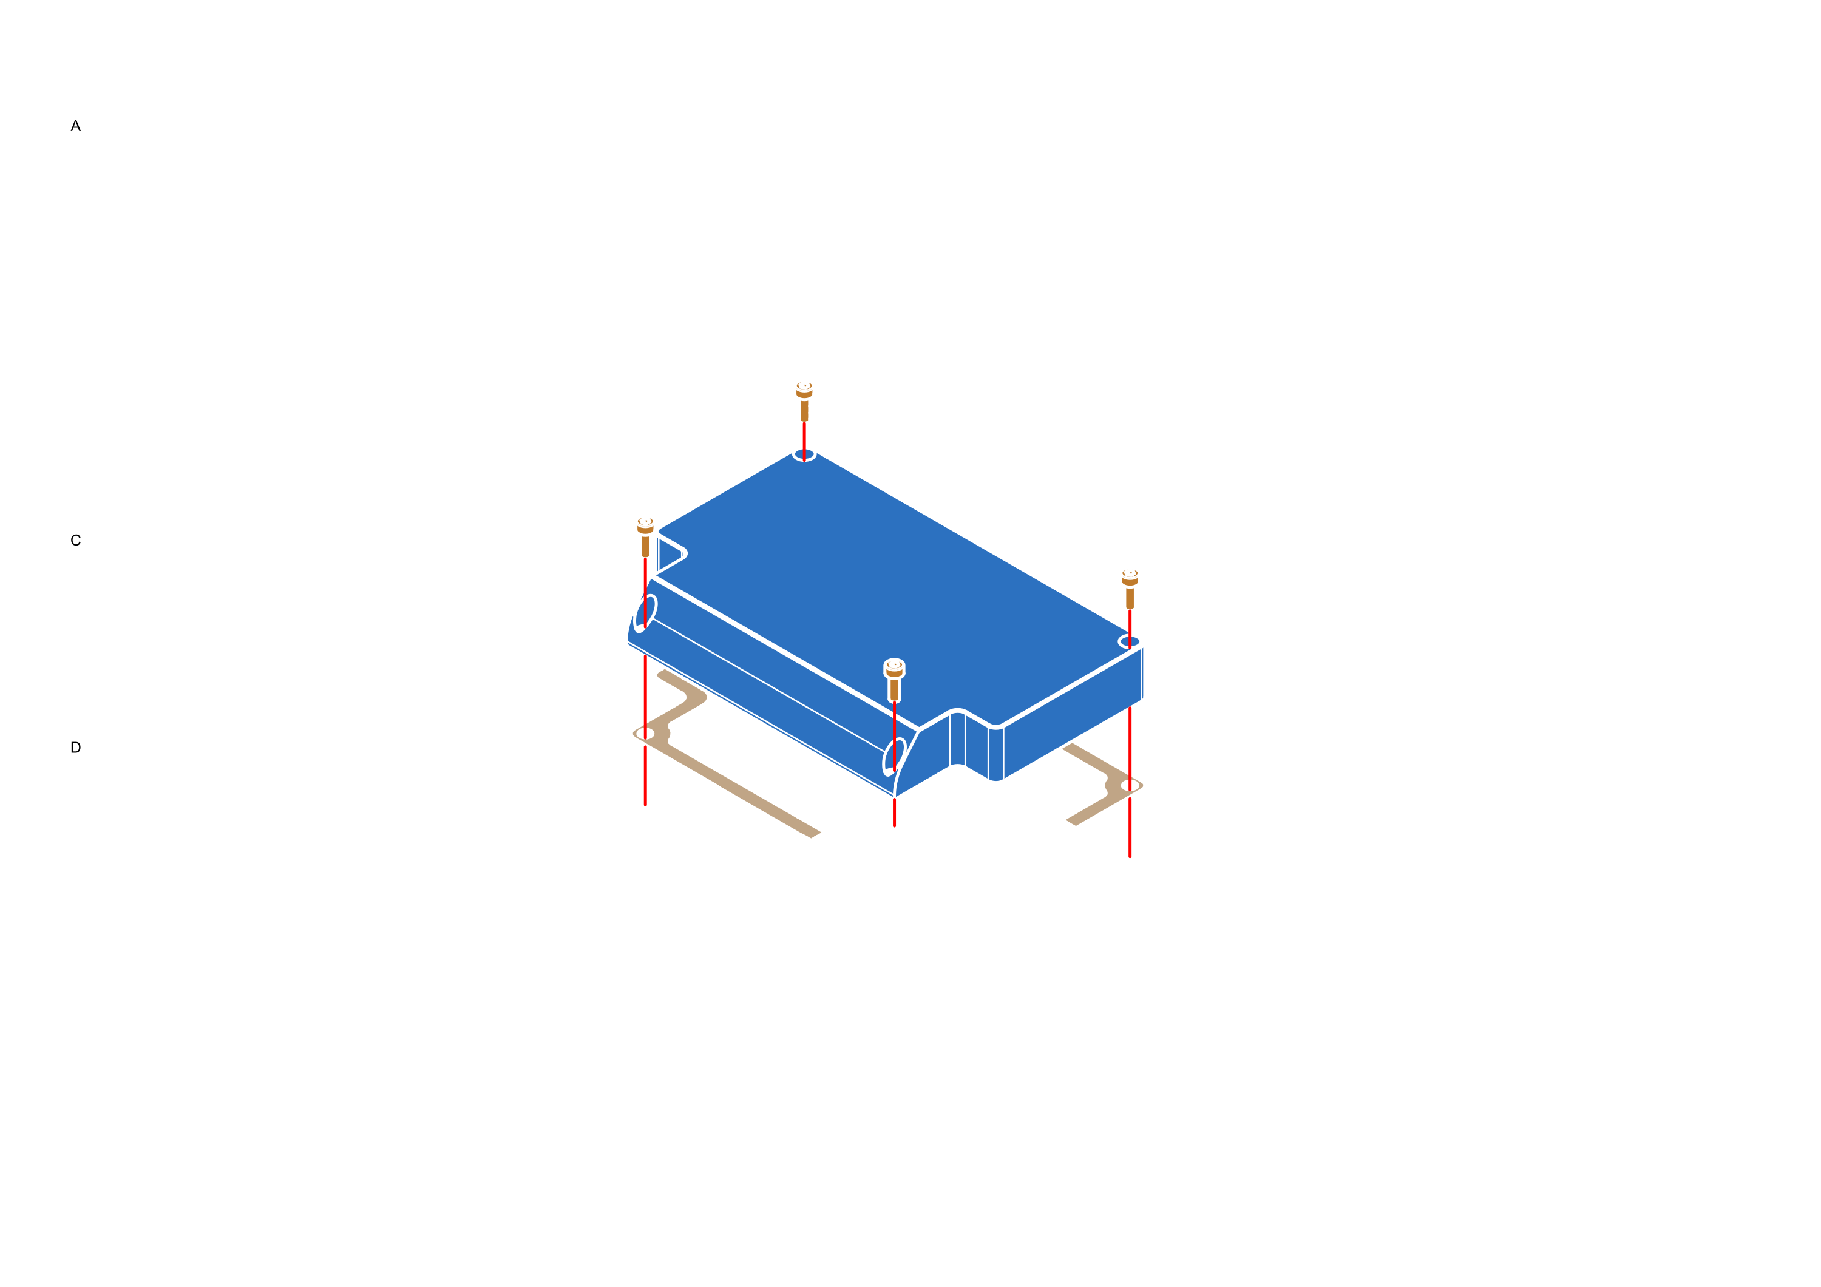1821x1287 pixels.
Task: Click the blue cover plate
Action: (888, 603)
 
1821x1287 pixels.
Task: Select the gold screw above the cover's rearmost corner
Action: (804, 400)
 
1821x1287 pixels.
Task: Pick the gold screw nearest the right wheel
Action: (1130, 586)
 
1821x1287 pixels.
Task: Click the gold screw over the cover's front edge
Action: (894, 678)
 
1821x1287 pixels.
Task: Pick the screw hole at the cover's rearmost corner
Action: (804, 455)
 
